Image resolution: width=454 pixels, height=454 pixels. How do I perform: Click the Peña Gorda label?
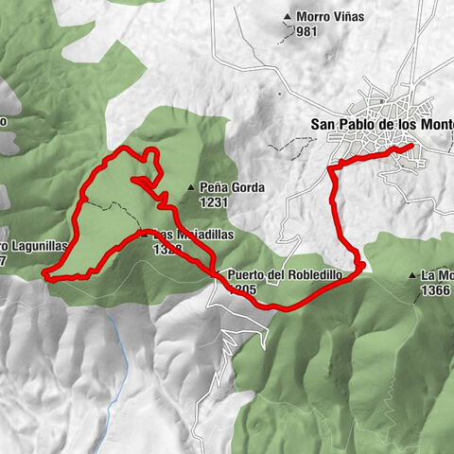(232, 187)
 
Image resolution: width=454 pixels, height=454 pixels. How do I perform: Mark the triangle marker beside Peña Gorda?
(192, 187)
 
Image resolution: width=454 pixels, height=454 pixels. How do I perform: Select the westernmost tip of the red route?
(44, 275)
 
